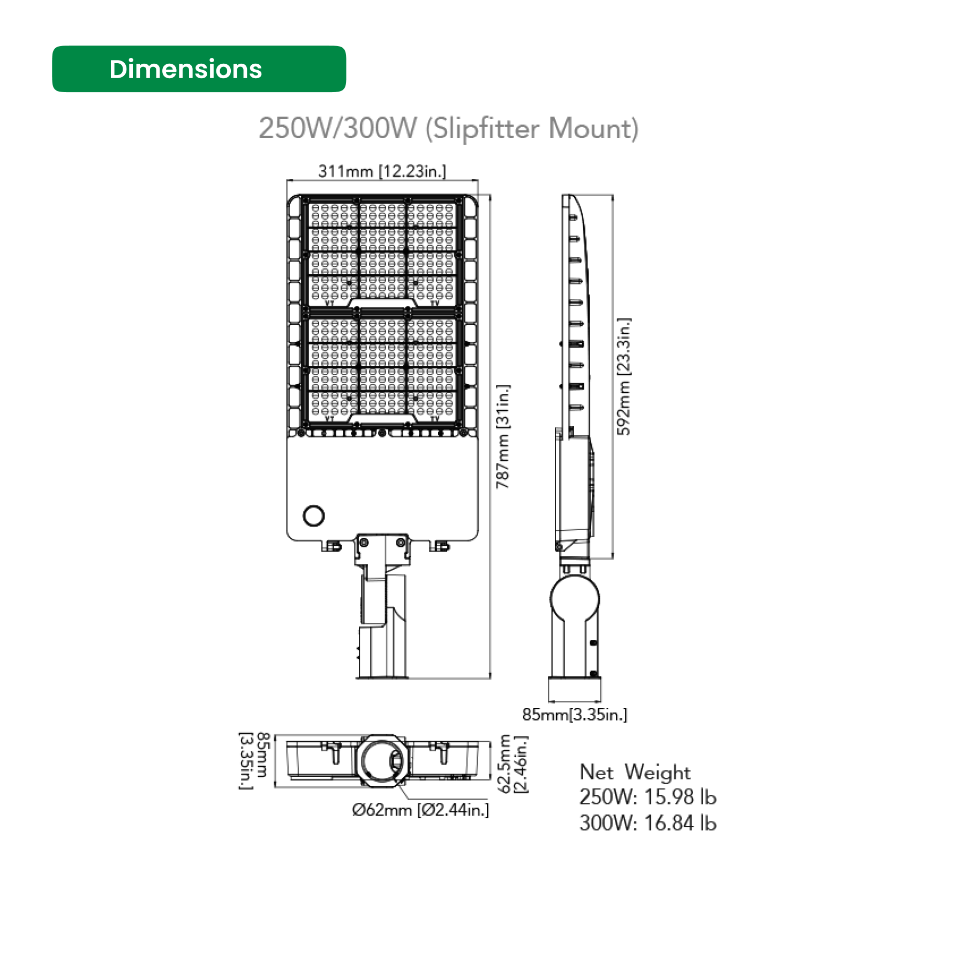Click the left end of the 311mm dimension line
287,180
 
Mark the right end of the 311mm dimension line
478,180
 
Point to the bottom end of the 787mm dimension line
490,679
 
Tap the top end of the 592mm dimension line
612,195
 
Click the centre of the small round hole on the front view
313,516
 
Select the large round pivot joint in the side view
575,599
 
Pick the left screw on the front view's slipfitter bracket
364,543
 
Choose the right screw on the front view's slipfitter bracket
401,543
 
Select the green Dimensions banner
199,69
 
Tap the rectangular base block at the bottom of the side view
575,689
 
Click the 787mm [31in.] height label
503,436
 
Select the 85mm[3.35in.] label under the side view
575,714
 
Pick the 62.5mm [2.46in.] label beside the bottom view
513,764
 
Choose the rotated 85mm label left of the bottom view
254,760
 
